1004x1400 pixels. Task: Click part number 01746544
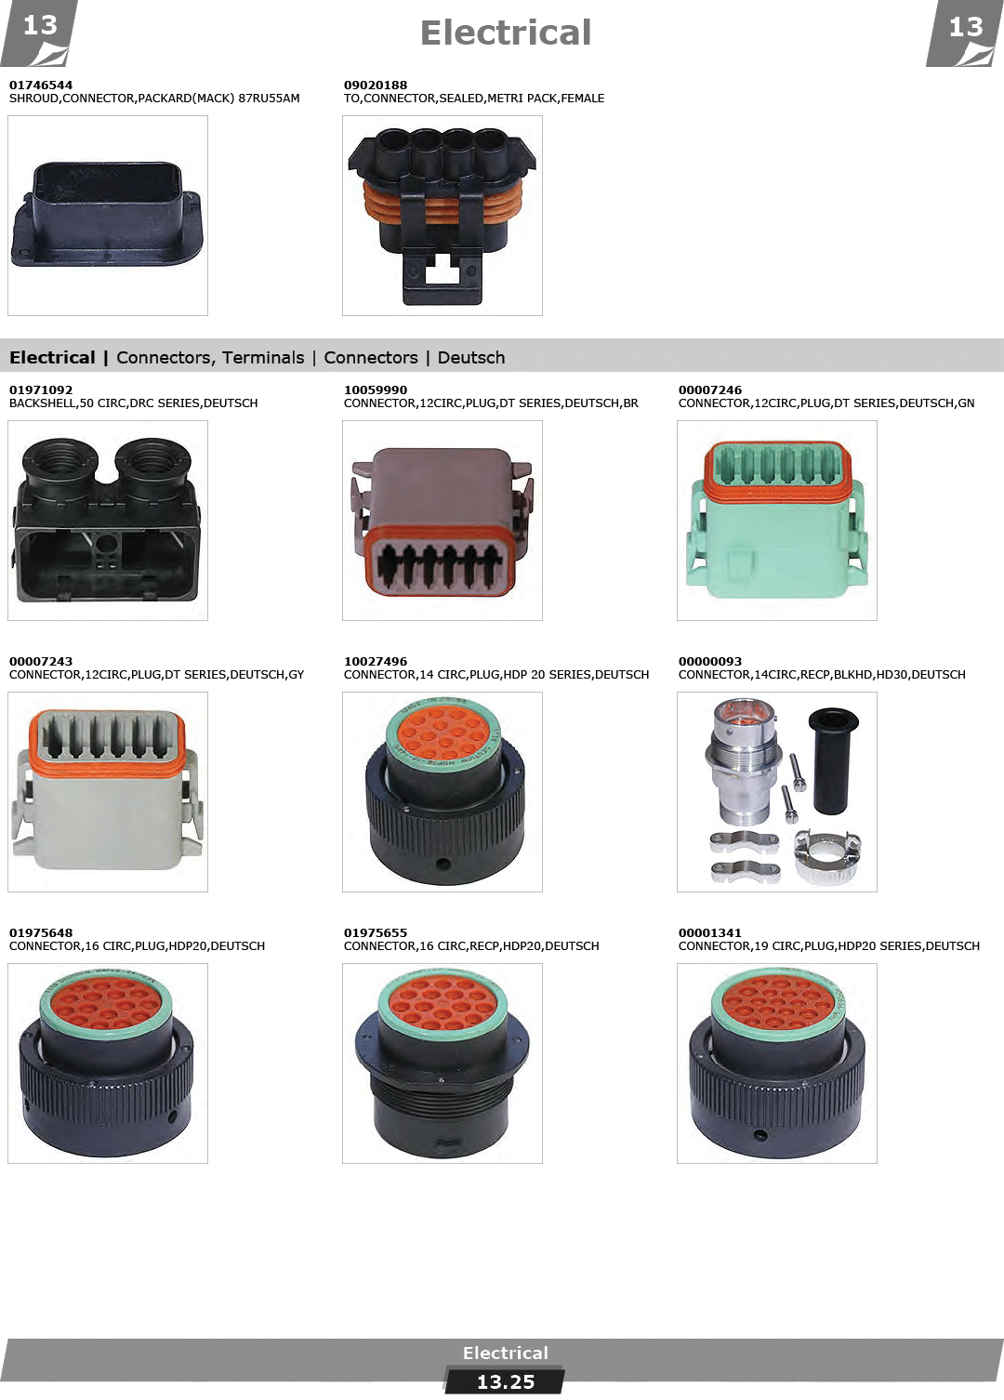[41, 85]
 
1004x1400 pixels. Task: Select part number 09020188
[375, 85]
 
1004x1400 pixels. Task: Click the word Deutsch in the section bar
[470, 358]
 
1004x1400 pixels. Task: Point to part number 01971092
[41, 390]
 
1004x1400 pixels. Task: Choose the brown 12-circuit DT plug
[442, 522]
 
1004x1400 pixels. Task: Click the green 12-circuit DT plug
[776, 520]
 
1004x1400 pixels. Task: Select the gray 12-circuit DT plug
[107, 790]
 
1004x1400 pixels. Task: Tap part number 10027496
[375, 661]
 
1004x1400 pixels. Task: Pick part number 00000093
[710, 661]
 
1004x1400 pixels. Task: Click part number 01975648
[41, 932]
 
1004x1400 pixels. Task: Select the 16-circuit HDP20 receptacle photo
[442, 1063]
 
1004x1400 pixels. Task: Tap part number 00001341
[710, 932]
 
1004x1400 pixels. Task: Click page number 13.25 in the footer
[506, 1382]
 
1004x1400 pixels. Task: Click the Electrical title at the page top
[506, 33]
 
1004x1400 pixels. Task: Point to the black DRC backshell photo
[107, 520]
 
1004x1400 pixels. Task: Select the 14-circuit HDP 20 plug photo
[444, 790]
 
